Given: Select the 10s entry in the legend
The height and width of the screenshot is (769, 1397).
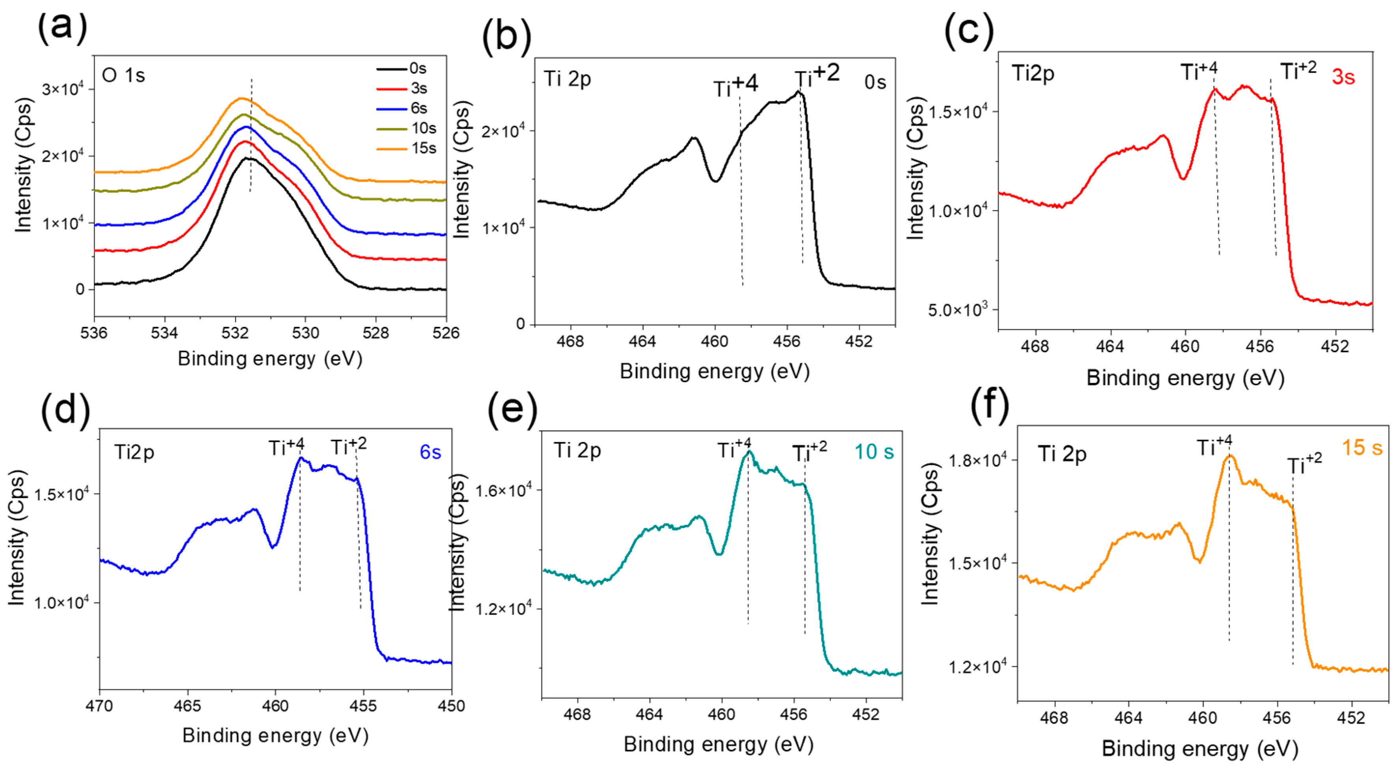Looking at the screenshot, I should click(423, 128).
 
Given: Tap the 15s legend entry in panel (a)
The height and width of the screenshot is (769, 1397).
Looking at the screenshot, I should click(423, 148).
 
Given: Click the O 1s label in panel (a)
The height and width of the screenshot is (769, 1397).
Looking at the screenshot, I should click(124, 75).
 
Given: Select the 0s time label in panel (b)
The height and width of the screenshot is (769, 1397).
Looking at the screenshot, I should click(875, 82).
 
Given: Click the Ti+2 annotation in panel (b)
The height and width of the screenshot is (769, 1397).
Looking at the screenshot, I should click(817, 76).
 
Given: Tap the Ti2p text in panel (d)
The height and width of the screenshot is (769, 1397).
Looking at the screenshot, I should click(134, 452).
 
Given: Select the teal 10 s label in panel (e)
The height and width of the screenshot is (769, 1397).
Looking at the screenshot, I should click(874, 451).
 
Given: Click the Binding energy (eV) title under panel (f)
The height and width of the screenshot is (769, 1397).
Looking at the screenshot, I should click(1200, 749).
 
